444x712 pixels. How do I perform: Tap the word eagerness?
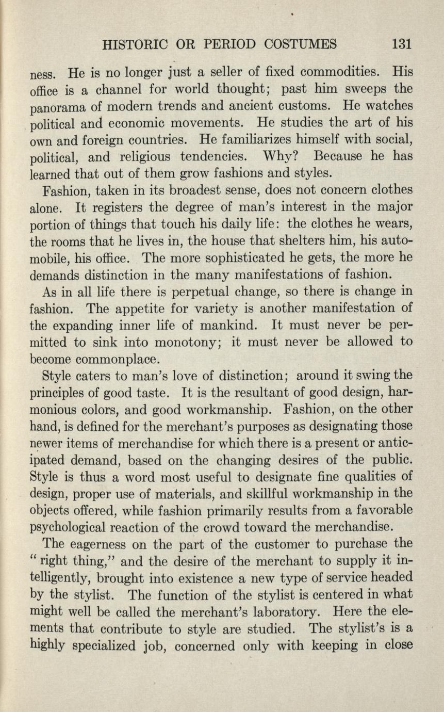(x=101, y=545)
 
